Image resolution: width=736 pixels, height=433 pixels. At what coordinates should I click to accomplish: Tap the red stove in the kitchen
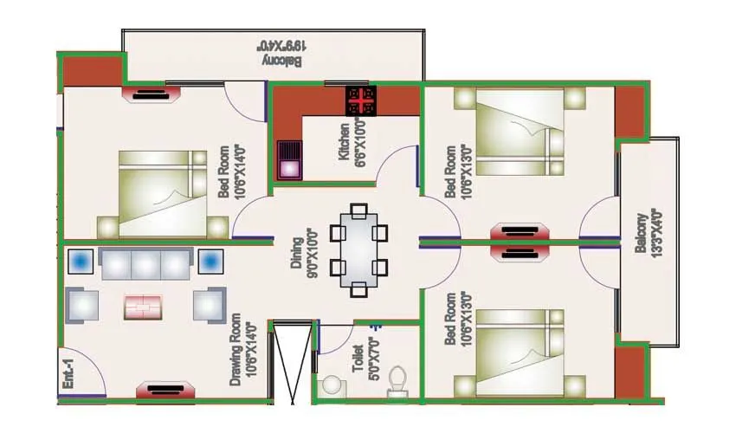coord(360,101)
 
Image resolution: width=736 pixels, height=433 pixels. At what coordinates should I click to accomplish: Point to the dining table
coord(359,250)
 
